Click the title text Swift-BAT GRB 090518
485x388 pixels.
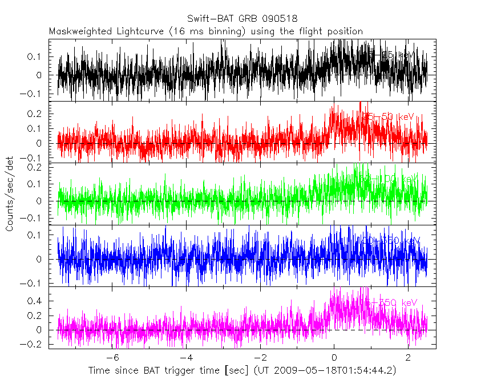click(x=242, y=19)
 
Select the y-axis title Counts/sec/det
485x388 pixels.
click(x=10, y=194)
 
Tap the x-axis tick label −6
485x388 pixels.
click(x=112, y=358)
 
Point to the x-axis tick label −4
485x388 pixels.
click(x=186, y=358)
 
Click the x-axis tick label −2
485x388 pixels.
click(x=260, y=358)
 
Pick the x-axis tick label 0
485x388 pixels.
click(x=334, y=358)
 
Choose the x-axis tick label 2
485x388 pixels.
click(x=408, y=358)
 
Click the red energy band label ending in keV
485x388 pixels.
click(x=389, y=117)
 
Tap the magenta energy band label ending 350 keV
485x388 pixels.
click(x=391, y=302)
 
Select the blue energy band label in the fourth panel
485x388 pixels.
click(x=391, y=241)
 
